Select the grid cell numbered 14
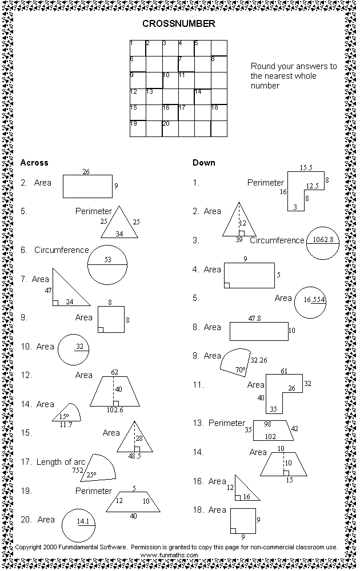[x=202, y=96]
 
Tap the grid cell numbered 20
[x=170, y=128]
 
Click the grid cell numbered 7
[x=186, y=64]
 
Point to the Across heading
[x=34, y=163]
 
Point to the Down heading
[x=204, y=163]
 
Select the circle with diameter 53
[x=107, y=265]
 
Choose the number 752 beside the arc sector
[x=77, y=471]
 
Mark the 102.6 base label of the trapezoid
[x=115, y=409]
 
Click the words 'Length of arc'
[x=61, y=461]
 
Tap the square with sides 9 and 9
[x=243, y=520]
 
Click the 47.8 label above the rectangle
[x=255, y=318]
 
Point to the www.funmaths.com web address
[x=169, y=554]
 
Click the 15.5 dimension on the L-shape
[x=306, y=167]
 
